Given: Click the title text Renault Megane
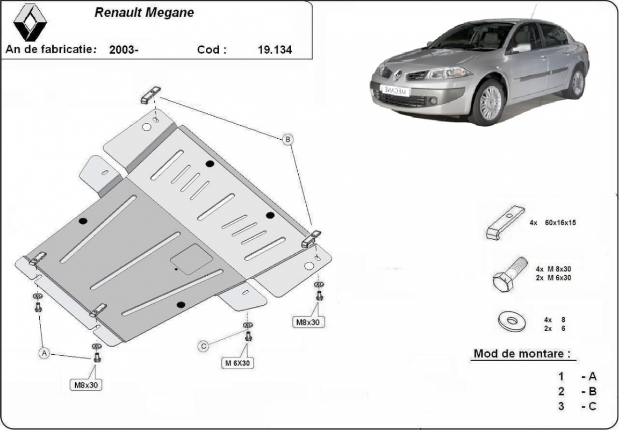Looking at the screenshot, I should point(145,13).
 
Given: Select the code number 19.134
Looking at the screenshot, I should point(275,50).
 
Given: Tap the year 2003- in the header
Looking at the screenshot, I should point(124,50).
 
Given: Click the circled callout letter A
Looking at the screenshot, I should point(45,353).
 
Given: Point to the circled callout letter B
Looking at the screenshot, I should point(288,140).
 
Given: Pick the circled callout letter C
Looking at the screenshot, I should point(204,347).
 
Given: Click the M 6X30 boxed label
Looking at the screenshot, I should point(237,363).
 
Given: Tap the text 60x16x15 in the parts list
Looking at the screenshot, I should point(560,222).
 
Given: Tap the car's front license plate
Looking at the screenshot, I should point(394,90).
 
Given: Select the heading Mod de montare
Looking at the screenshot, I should point(521,354).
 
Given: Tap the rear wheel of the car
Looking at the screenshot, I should point(577,82).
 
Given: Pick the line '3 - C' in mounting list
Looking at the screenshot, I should point(578,406).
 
